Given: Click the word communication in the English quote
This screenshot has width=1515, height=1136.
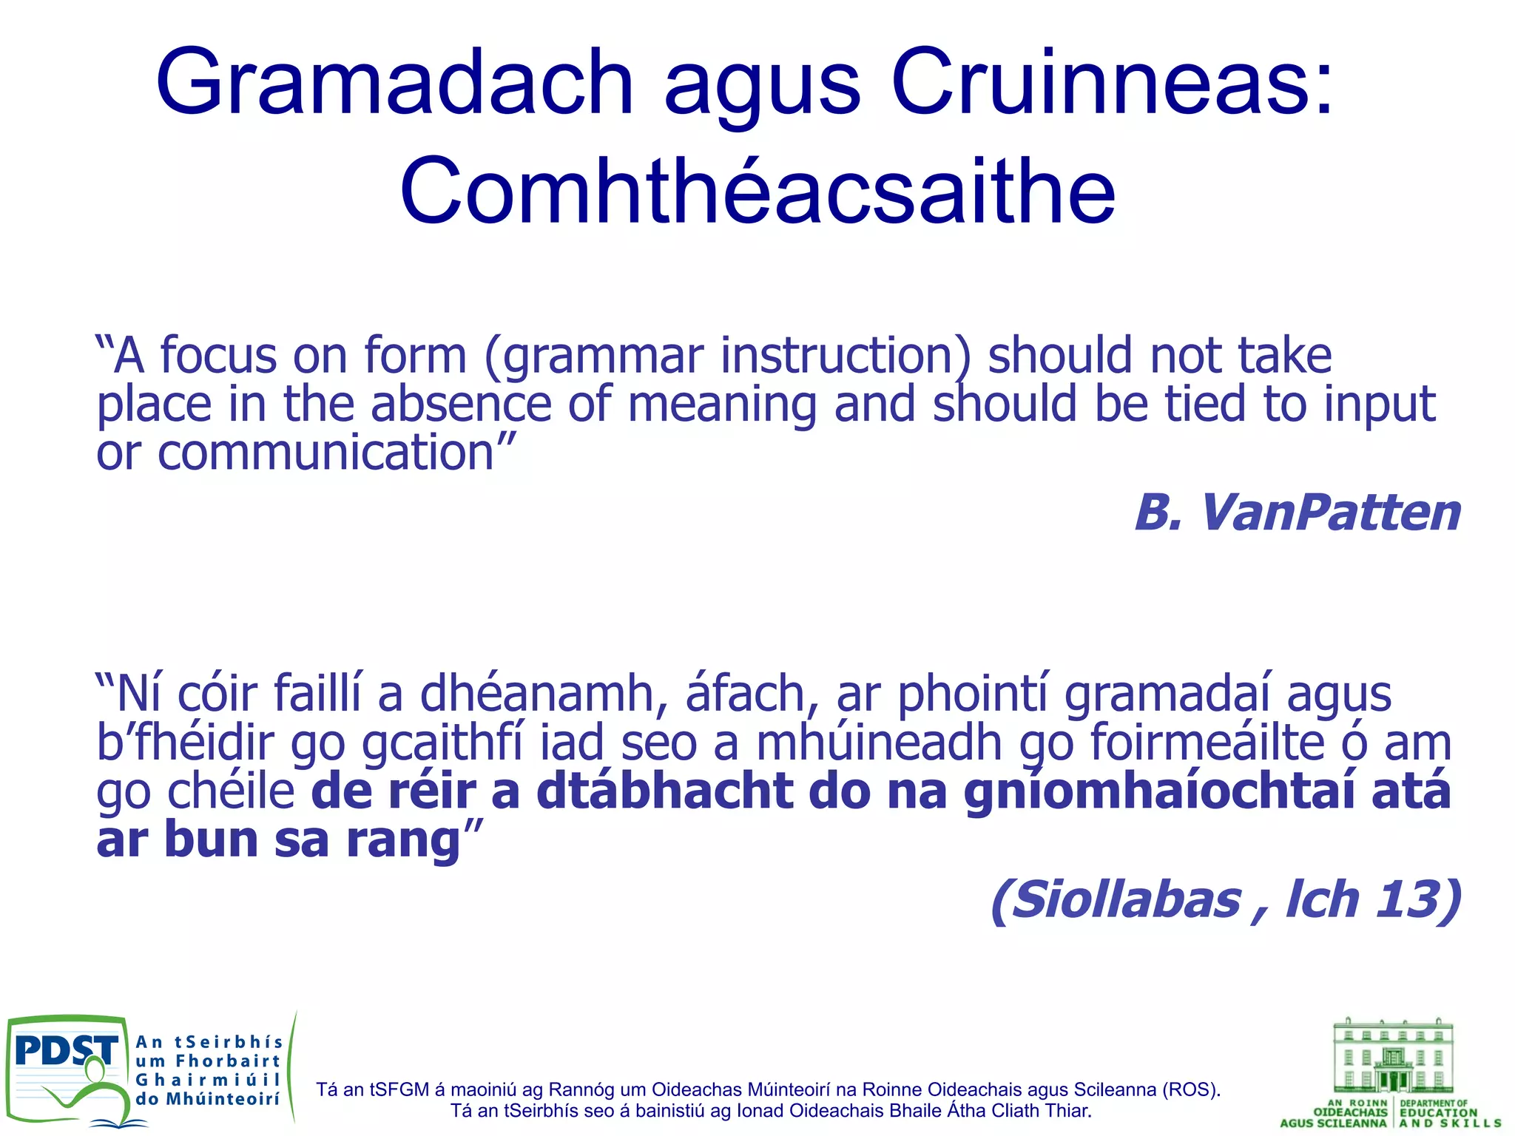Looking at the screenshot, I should [325, 453].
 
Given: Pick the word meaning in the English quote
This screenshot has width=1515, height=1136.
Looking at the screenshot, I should [721, 405].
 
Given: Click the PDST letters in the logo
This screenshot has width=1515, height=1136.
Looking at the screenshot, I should [67, 1051].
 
